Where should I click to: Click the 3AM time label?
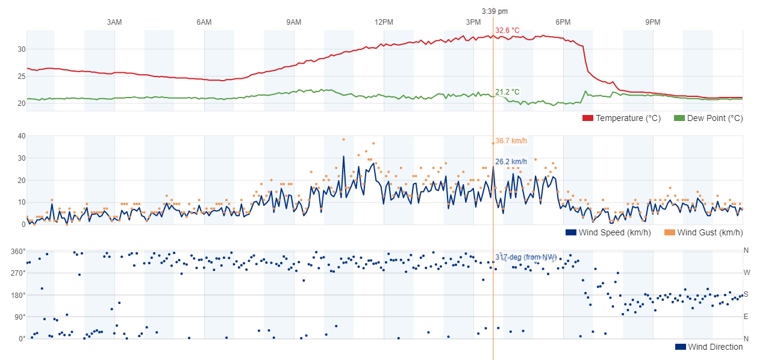click(114, 22)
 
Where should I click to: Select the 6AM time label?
click(204, 22)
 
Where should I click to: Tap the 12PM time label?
click(384, 22)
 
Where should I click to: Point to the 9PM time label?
click(653, 22)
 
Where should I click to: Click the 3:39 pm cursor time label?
click(495, 11)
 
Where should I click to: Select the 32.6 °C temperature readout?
click(507, 30)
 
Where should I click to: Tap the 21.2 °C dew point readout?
click(507, 92)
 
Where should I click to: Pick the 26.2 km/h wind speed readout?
click(511, 161)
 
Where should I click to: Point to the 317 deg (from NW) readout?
click(525, 257)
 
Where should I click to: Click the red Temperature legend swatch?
click(588, 118)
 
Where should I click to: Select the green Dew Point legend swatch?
click(679, 118)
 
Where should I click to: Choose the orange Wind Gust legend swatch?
click(669, 232)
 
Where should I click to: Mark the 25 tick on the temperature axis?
click(21, 76)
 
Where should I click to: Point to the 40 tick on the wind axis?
click(21, 136)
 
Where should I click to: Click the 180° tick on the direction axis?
click(18, 295)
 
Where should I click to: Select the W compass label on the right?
click(746, 273)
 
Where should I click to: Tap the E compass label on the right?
click(746, 317)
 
